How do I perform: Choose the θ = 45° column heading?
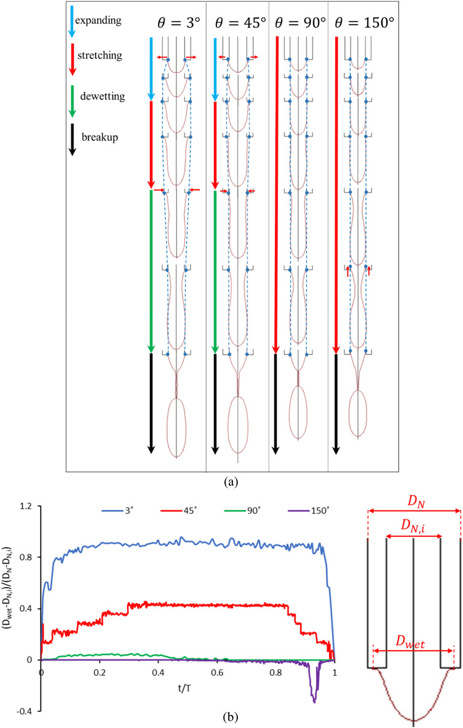pos(239,23)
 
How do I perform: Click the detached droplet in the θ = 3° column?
pos(176,427)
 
